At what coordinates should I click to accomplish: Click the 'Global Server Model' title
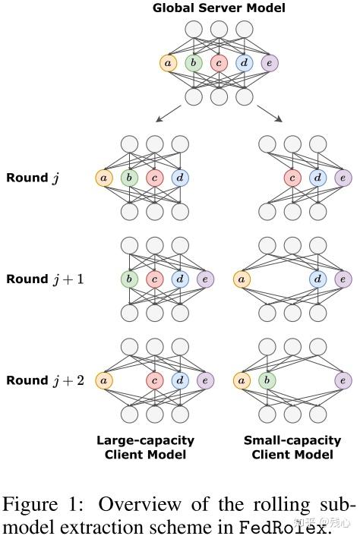(219, 8)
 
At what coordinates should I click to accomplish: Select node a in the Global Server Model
(168, 63)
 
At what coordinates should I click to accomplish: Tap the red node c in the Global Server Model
(219, 63)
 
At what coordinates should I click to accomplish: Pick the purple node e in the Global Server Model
(269, 63)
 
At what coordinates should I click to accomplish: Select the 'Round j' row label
(32, 178)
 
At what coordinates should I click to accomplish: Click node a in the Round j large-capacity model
(103, 178)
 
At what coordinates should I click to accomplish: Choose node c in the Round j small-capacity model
(292, 178)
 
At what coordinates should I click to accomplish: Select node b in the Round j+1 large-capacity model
(129, 279)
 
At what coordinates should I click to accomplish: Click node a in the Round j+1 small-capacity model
(242, 279)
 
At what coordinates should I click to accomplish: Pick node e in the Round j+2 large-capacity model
(205, 380)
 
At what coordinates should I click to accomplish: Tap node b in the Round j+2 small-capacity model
(267, 380)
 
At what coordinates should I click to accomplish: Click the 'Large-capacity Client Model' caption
(145, 447)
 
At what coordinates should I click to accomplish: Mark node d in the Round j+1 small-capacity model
(318, 279)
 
